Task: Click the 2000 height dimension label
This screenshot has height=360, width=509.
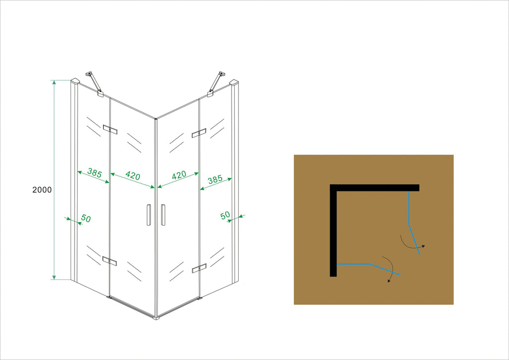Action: pos(42,190)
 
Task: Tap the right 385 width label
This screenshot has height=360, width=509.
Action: pos(215,180)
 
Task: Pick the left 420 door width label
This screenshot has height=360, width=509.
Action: pos(133,176)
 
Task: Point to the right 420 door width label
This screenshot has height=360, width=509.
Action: pos(179,175)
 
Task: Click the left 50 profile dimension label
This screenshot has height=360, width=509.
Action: pos(85,218)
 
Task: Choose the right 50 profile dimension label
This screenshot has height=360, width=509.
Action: pos(225,215)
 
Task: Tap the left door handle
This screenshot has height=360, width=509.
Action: pos(149,215)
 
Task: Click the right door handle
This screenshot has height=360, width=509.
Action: pos(163,215)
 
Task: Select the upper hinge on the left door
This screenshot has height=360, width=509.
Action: pos(110,129)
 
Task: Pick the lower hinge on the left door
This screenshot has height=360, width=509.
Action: pos(110,261)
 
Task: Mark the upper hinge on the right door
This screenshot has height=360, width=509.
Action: pos(199,133)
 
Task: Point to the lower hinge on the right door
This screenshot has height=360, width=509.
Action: pos(199,269)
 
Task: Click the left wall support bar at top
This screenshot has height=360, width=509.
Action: pos(94,84)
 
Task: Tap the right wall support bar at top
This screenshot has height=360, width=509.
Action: pos(216,84)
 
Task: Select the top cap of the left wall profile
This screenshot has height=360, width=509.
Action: pos(76,81)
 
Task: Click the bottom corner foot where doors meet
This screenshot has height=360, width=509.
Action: pos(157,318)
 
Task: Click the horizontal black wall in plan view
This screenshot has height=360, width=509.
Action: pos(375,188)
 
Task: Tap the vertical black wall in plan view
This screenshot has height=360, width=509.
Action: pos(334,231)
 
